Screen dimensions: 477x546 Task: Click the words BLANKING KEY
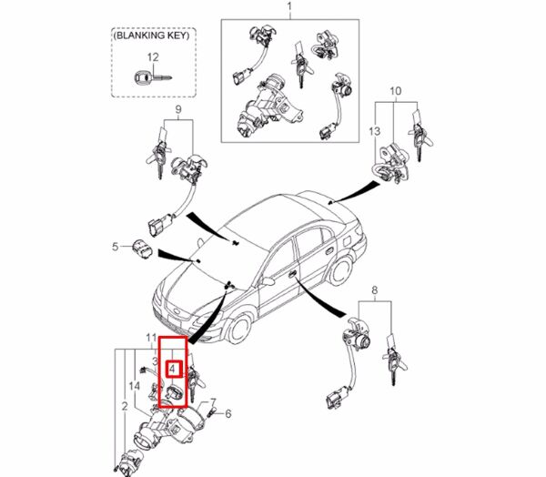point(153,38)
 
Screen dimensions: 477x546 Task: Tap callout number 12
point(153,57)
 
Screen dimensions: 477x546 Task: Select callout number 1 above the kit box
point(289,9)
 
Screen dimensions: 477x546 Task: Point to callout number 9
point(178,110)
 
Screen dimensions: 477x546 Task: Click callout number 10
point(396,92)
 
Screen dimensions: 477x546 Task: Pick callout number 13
point(373,132)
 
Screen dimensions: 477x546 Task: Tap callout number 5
point(116,247)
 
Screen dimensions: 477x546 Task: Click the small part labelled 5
point(142,248)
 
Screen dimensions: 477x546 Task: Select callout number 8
point(373,291)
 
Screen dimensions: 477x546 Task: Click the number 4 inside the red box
point(173,370)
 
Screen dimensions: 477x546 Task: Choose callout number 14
point(135,387)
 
